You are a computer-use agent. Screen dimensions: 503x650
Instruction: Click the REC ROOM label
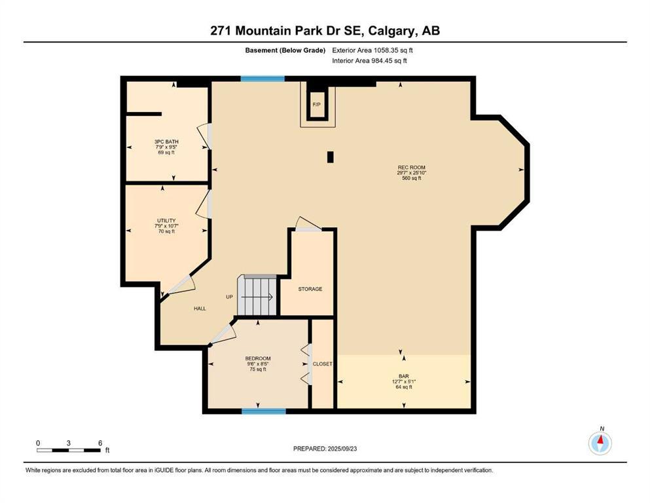412,168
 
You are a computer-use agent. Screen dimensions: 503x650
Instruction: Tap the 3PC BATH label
166,141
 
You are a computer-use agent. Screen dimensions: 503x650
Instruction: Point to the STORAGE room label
310,289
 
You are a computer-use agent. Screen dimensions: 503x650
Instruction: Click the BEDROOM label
258,358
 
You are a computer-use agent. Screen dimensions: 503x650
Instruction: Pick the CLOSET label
323,364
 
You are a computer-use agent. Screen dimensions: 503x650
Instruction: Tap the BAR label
404,376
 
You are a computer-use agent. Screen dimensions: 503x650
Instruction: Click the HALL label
200,308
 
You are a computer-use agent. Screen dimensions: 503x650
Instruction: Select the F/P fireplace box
317,105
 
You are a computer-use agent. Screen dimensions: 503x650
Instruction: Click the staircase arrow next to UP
260,297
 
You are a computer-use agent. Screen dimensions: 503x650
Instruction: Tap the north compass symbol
600,443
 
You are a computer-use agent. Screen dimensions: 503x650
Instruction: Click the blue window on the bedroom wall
264,411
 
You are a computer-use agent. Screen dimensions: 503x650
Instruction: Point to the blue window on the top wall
262,79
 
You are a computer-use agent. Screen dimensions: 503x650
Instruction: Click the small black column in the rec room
331,157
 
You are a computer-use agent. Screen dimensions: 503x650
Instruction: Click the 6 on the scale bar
99,443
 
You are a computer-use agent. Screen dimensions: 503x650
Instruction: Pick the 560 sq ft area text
412,178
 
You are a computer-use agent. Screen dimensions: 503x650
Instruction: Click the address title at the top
325,31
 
